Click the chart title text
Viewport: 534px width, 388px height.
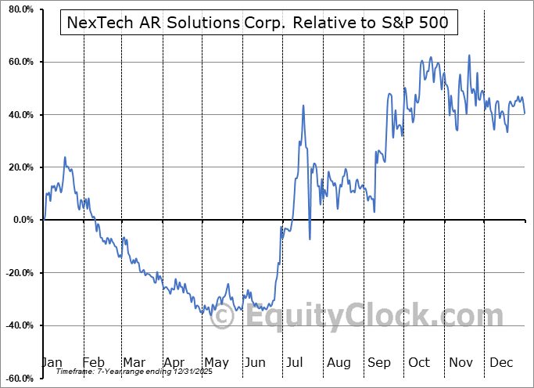[254, 23]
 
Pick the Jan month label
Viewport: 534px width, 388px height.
[52, 362]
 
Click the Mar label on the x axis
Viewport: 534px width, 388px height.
[134, 362]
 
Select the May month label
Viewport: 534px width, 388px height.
[216, 362]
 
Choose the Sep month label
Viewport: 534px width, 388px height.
[379, 362]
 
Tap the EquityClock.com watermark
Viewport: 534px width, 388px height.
[364, 316]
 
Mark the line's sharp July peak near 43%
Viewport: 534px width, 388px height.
[303, 106]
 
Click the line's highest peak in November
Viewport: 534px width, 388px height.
[469, 56]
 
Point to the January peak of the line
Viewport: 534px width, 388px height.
[65, 157]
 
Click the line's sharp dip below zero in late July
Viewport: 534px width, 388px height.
[310, 239]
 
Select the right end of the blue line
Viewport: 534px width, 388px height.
[525, 113]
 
